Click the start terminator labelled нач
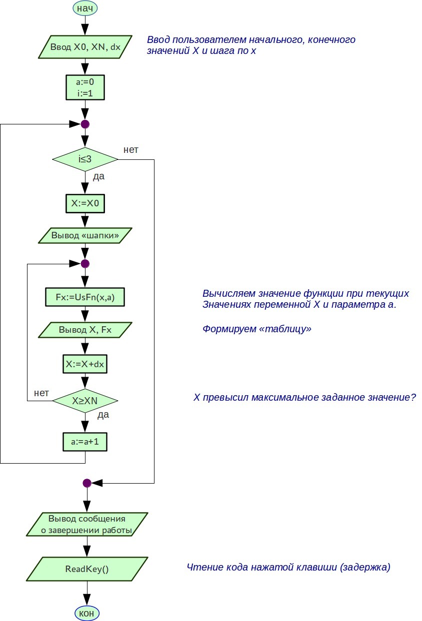[x=85, y=8]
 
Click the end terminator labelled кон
[x=87, y=613]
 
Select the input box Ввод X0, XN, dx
[x=85, y=47]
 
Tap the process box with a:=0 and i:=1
[x=85, y=87]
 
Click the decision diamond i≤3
[x=85, y=160]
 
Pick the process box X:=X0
[x=85, y=204]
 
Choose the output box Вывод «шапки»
[x=85, y=235]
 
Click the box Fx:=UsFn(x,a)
[x=85, y=297]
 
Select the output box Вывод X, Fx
[x=85, y=330]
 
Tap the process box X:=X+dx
[x=85, y=364]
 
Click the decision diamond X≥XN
[x=85, y=400]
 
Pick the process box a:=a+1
[x=85, y=442]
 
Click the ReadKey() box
[x=87, y=569]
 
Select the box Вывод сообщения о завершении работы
[x=87, y=524]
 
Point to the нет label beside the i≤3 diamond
[x=130, y=149]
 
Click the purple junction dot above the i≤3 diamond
[x=85, y=124]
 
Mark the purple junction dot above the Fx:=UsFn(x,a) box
[x=85, y=263]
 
